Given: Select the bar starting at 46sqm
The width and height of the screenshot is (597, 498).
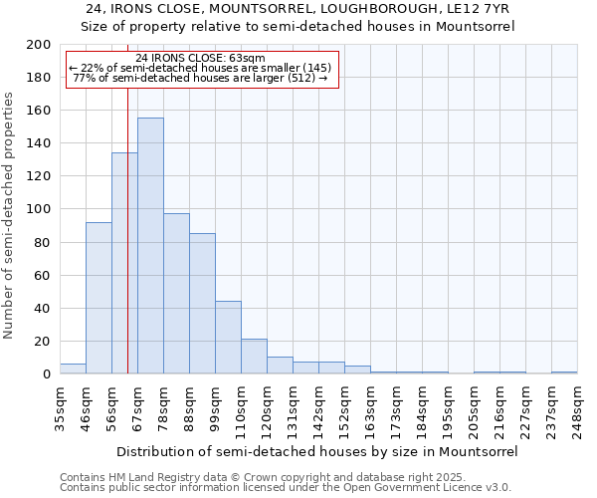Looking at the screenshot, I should coord(99,298).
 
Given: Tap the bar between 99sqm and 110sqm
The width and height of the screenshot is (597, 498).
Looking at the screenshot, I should coord(228,338).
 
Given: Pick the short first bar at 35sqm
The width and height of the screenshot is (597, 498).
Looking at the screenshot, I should coord(73,369).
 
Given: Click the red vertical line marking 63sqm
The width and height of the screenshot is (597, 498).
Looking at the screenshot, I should coord(128,249).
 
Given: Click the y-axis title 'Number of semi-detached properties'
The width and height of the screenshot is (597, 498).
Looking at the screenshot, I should coord(10,215).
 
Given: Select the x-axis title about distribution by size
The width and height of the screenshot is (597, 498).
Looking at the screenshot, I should coord(317,451).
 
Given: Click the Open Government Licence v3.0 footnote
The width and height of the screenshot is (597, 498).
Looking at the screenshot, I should coord(286,488).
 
